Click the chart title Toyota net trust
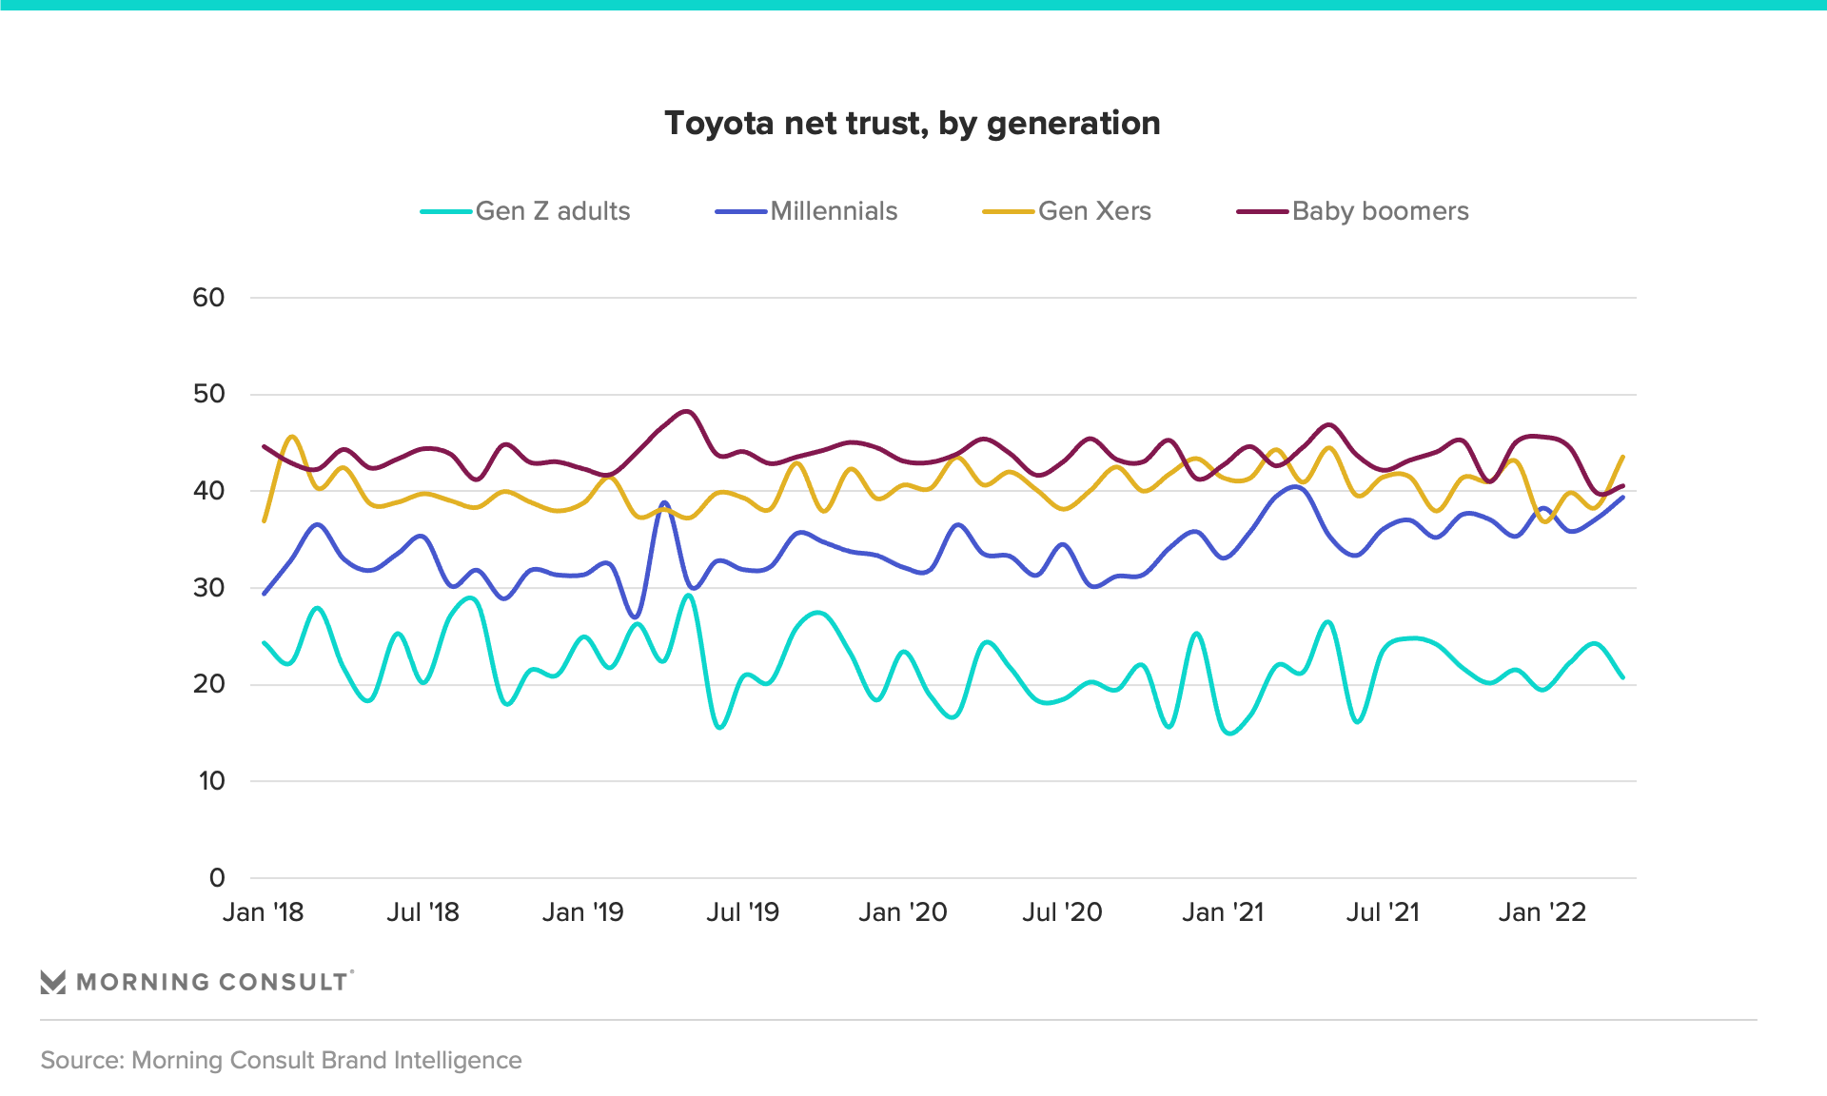pyautogui.click(x=912, y=124)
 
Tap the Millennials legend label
pyautogui.click(x=834, y=211)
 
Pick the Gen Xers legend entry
pyautogui.click(x=1093, y=211)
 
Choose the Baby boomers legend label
pyautogui.click(x=1380, y=211)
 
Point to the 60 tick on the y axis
pyautogui.click(x=208, y=298)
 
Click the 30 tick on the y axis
pyautogui.click(x=208, y=588)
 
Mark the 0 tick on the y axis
pyautogui.click(x=217, y=878)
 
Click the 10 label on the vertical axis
pyautogui.click(x=211, y=781)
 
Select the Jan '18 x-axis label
pyautogui.click(x=263, y=912)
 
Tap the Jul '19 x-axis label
pyautogui.click(x=742, y=912)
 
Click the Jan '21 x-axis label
pyautogui.click(x=1223, y=912)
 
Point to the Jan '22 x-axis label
pyautogui.click(x=1542, y=912)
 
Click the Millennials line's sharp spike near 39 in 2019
pyautogui.click(x=664, y=502)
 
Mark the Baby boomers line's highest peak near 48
pyautogui.click(x=687, y=412)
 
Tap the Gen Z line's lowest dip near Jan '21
pyautogui.click(x=1230, y=733)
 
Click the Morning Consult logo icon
pyautogui.click(x=53, y=982)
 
